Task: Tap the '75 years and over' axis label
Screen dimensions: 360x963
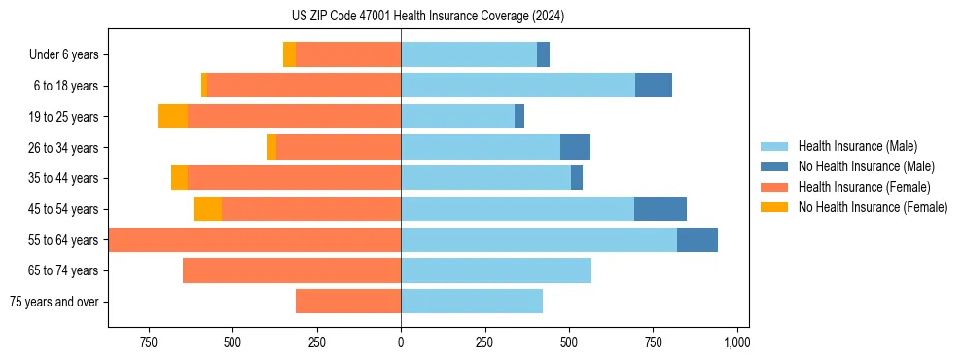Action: [x=54, y=302]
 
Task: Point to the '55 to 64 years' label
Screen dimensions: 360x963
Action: [x=63, y=240]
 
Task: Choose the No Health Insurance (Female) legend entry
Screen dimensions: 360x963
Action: [x=873, y=207]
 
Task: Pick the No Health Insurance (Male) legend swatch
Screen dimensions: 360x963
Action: [x=774, y=166]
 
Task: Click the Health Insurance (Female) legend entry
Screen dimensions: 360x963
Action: [x=864, y=187]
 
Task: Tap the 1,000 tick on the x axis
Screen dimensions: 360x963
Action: [x=736, y=342]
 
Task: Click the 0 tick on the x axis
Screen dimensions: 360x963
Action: [x=401, y=342]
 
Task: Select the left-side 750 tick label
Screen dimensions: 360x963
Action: [x=149, y=342]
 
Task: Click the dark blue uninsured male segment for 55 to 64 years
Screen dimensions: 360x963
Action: [x=697, y=239]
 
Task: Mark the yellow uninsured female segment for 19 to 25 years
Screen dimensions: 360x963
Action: [x=172, y=117]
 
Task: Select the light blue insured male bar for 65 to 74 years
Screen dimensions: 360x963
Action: [x=496, y=270]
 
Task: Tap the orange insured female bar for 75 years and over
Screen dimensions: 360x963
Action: [x=348, y=302]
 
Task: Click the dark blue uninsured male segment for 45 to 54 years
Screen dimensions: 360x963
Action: [x=660, y=209]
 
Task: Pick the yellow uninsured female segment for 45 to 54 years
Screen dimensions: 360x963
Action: [x=207, y=209]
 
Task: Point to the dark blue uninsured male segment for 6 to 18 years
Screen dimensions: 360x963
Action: [x=654, y=86]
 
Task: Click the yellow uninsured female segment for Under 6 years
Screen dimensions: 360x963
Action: [x=289, y=54]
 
